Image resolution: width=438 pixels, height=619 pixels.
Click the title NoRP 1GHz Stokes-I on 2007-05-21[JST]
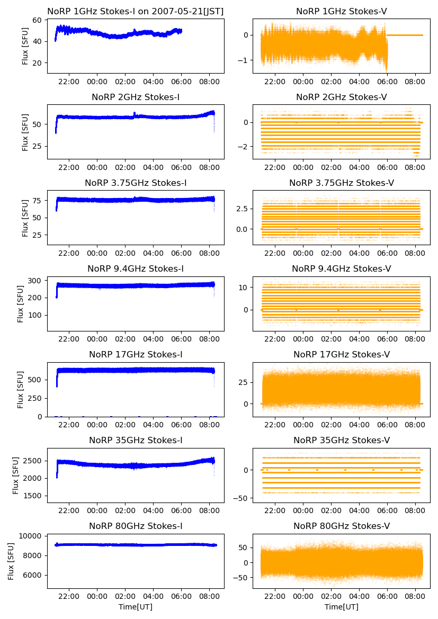coord(135,11)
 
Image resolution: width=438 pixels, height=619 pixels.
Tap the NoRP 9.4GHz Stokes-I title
coord(136,269)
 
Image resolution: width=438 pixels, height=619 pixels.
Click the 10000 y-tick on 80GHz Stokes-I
coord(33,536)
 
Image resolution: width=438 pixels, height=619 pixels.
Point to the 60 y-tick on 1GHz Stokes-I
coord(39,21)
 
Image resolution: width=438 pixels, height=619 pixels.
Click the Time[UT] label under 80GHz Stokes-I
coord(136,607)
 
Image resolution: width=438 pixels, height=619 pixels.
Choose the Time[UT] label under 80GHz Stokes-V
coord(342,607)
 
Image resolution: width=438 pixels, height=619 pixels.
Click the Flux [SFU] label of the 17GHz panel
coord(21,390)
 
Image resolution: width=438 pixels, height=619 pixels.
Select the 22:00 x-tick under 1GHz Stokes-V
coord(275,82)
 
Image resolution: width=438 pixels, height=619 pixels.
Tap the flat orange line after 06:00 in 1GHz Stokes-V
coord(405,35)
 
